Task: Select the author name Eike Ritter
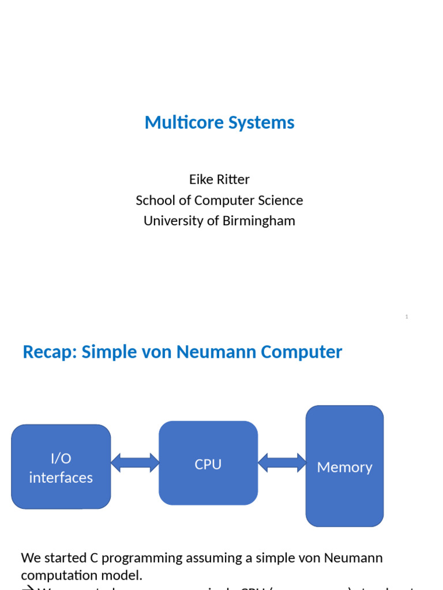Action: [x=219, y=179]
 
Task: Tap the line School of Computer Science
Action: [x=219, y=200]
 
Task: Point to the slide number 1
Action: [x=407, y=317]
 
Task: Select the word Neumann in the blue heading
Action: [x=226, y=351]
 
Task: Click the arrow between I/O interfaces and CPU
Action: [x=135, y=463]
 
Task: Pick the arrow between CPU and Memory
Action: [x=282, y=463]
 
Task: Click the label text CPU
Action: [x=208, y=464]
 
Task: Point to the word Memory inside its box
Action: [x=344, y=467]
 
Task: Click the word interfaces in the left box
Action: [x=61, y=478]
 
